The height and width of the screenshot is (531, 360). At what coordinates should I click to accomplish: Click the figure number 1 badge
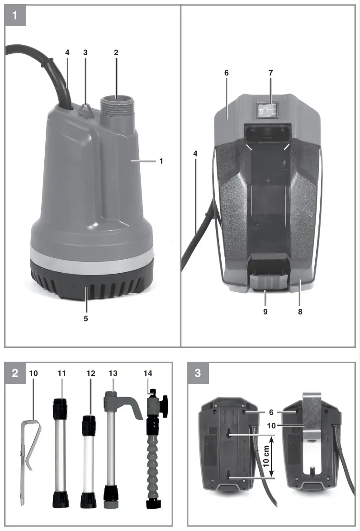[x=15, y=16]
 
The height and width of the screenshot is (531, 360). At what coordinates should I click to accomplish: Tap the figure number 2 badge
[x=15, y=373]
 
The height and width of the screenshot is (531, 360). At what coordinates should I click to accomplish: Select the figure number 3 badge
[x=198, y=373]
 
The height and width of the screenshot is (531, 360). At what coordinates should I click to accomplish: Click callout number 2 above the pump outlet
[x=116, y=52]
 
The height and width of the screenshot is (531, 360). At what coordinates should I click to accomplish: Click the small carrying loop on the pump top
[x=86, y=110]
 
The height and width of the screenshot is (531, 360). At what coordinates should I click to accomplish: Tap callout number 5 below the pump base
[x=85, y=318]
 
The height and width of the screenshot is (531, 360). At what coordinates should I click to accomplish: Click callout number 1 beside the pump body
[x=161, y=161]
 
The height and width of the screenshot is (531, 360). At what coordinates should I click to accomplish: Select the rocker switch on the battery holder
[x=267, y=109]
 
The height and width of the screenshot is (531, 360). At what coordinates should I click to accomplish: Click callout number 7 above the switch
[x=271, y=73]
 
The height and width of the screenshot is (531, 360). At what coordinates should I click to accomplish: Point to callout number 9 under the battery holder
[x=265, y=312]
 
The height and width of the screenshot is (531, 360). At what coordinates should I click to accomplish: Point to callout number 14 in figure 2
[x=147, y=373]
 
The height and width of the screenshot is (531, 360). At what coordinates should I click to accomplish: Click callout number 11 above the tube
[x=62, y=373]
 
